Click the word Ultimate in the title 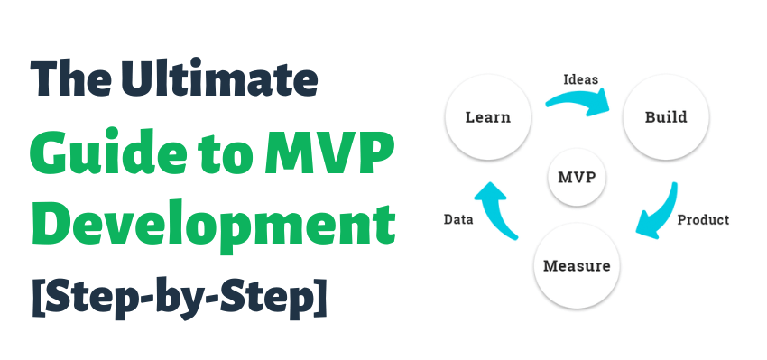point(219,78)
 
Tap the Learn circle point(488,117)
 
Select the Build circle point(666,117)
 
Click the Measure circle point(577,266)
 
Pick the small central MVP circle point(577,177)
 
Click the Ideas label point(580,79)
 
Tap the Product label point(703,220)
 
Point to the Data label point(458,219)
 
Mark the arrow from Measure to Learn point(496,208)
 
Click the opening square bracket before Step point(38,297)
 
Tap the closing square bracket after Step point(320,297)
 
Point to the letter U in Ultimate point(137,78)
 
